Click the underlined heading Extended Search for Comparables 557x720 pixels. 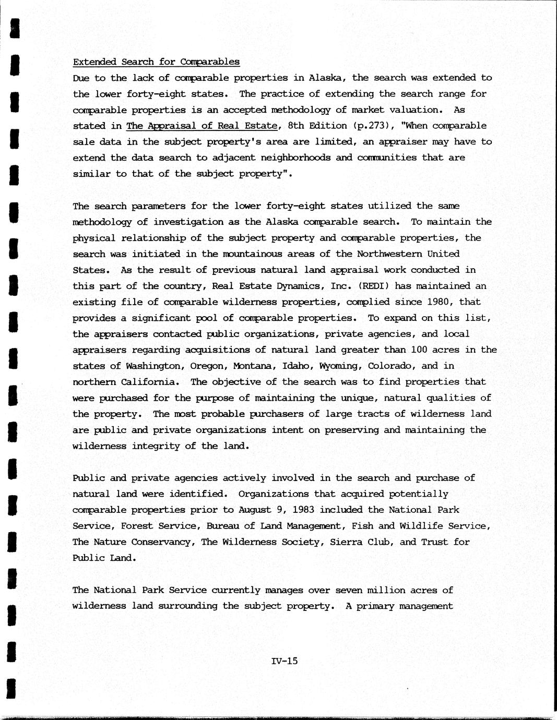click(156, 62)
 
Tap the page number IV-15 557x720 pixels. click(285, 661)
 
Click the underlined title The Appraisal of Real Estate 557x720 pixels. click(202, 126)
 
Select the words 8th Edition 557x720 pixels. click(317, 126)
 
